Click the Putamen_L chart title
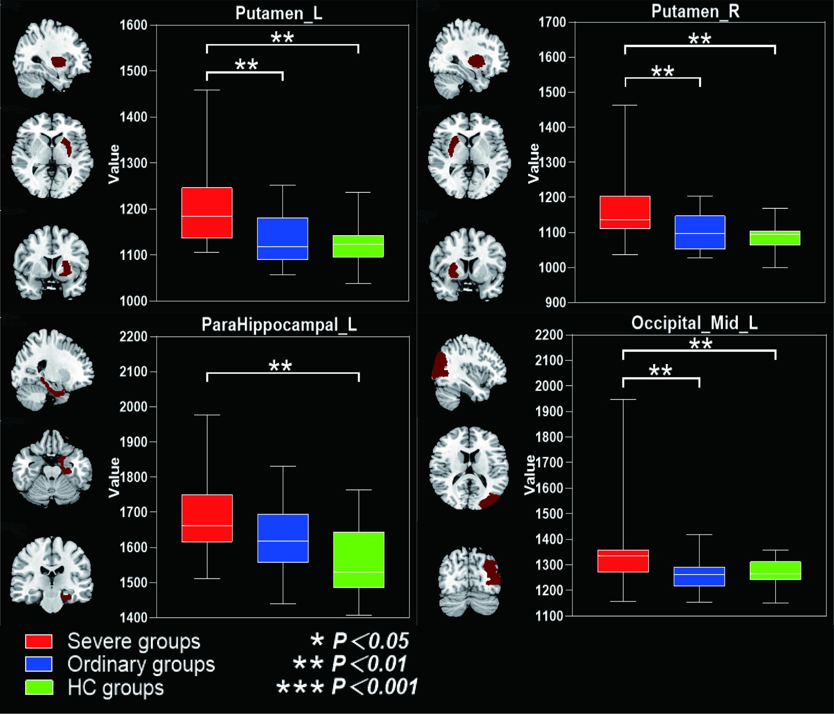click(279, 13)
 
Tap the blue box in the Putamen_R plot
click(700, 232)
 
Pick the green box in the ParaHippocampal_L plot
click(359, 560)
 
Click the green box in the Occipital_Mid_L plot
click(775, 570)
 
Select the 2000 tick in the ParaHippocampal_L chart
click(133, 407)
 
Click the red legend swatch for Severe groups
click(39, 641)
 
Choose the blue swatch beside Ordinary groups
click(39, 664)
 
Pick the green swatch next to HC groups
click(39, 687)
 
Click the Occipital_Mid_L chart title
click(694, 323)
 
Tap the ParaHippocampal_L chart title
click(279, 325)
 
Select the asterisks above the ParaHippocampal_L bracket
click(281, 366)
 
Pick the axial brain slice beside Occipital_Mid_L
click(470, 468)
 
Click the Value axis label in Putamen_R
click(534, 163)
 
